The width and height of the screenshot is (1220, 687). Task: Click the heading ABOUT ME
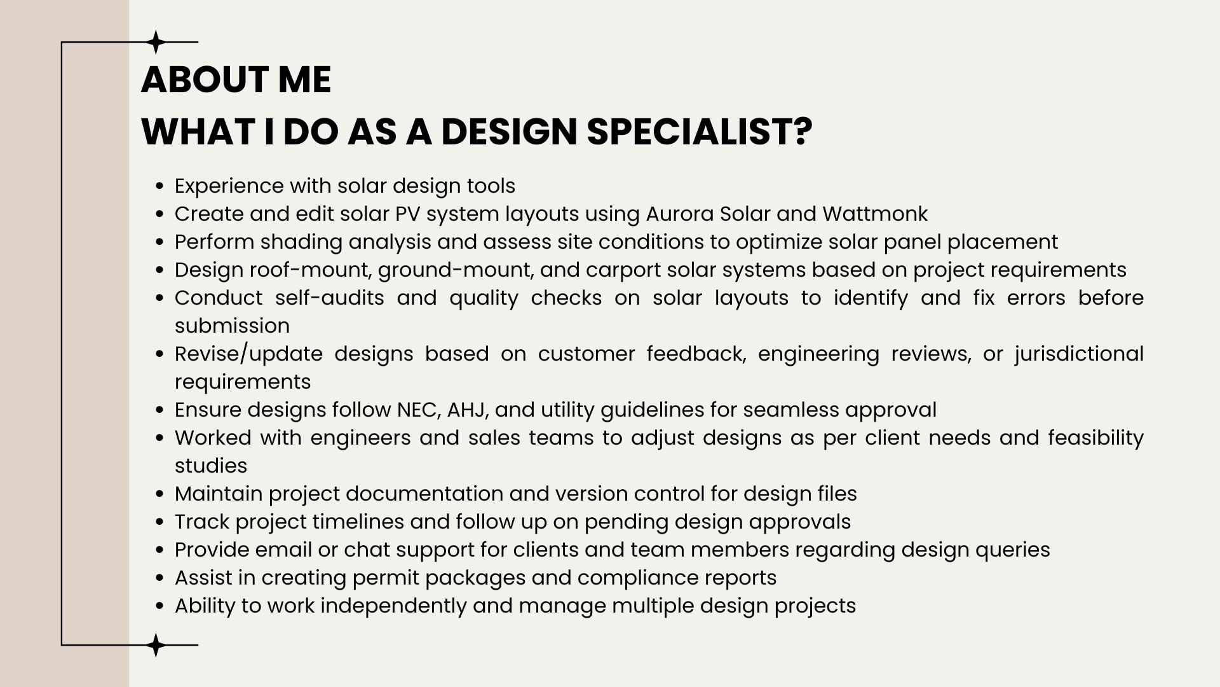[236, 80]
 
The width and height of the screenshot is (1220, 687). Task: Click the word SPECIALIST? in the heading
[699, 132]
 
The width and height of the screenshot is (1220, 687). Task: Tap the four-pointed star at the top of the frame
[156, 42]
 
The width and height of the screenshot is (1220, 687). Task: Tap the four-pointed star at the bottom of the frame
[156, 645]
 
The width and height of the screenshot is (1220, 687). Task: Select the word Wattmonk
[875, 214]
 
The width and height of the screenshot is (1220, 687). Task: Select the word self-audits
[330, 298]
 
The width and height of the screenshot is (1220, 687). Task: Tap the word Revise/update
[248, 354]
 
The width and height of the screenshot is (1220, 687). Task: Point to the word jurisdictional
[1079, 354]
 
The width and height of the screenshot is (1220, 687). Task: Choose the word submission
[232, 326]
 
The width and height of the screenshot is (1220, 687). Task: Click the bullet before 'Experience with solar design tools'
[161, 186]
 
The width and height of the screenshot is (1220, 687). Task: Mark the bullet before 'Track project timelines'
[161, 522]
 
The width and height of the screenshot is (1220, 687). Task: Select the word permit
[385, 578]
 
